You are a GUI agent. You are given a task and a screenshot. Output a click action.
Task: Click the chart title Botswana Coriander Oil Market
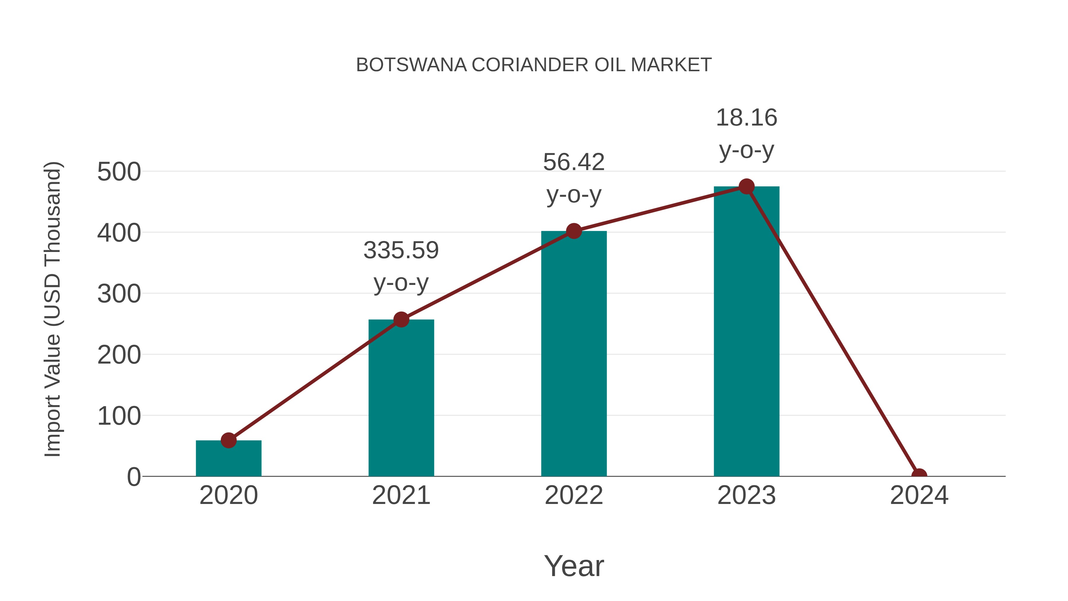534,65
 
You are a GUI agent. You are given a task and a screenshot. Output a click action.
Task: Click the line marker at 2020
228,440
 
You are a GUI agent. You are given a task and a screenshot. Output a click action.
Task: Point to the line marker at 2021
401,319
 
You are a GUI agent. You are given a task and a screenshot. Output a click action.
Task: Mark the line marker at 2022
573,231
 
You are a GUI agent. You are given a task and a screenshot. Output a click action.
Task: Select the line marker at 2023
746,187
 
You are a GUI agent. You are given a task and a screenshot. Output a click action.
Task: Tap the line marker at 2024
919,475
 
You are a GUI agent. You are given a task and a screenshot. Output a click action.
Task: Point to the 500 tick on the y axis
119,172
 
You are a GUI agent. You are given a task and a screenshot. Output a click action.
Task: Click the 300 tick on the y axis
119,294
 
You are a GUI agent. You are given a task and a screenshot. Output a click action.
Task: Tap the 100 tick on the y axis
119,416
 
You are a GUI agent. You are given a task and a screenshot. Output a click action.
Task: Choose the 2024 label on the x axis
919,495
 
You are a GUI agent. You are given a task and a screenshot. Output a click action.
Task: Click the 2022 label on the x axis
573,495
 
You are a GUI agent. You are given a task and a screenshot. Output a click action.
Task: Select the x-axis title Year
573,566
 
